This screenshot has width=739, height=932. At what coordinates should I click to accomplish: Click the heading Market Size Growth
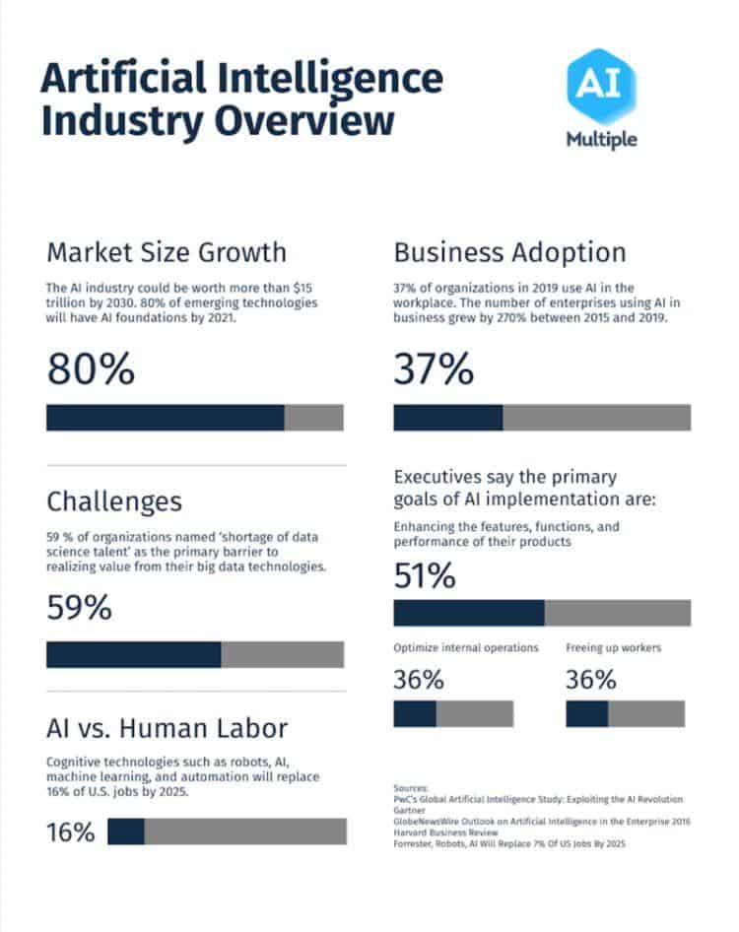167,252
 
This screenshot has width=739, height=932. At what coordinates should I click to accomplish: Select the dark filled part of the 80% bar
165,418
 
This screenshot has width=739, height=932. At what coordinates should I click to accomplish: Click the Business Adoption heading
509,252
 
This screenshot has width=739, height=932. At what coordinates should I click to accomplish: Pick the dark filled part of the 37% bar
447,418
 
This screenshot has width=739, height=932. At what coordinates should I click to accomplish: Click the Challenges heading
114,500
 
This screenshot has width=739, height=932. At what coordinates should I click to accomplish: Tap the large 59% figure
79,608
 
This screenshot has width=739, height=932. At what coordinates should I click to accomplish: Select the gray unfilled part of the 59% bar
282,655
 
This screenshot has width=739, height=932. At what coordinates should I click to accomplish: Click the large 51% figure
425,576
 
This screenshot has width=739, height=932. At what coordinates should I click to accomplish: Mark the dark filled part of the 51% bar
468,613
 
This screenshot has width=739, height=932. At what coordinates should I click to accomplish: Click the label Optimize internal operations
466,648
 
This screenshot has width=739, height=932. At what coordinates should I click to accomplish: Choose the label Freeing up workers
613,648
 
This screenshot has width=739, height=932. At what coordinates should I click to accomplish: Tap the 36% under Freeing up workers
591,680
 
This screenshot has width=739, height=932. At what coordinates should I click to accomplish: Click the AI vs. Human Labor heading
168,728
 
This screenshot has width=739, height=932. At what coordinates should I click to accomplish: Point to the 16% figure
71,832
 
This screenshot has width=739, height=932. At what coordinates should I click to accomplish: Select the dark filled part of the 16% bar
125,832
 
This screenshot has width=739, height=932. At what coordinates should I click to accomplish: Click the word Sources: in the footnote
411,788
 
